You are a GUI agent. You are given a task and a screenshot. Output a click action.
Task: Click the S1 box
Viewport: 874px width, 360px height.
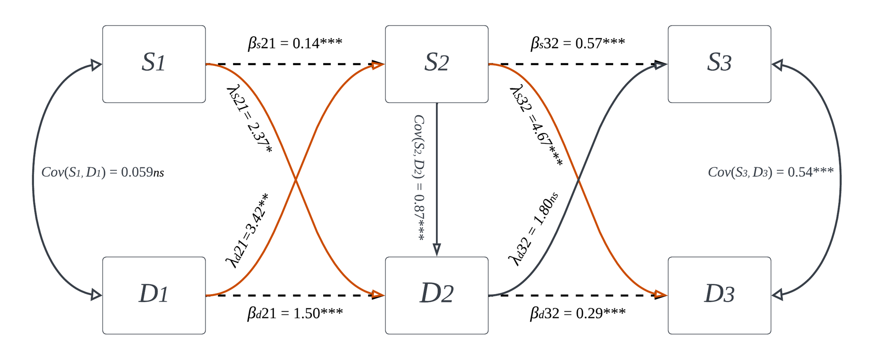pyautogui.click(x=154, y=64)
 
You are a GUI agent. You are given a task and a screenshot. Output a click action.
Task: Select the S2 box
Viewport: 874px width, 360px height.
pyautogui.click(x=437, y=64)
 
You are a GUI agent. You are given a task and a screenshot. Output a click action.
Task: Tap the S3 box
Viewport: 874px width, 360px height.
pyautogui.click(x=719, y=64)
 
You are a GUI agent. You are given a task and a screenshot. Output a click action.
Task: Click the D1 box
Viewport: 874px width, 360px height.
pyautogui.click(x=154, y=295)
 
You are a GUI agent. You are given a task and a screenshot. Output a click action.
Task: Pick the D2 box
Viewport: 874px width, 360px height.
pyautogui.click(x=437, y=295)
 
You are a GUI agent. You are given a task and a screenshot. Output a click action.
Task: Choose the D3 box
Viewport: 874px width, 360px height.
pyautogui.click(x=719, y=295)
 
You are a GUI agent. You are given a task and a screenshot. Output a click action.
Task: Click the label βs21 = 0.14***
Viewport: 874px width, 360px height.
pyautogui.click(x=295, y=43)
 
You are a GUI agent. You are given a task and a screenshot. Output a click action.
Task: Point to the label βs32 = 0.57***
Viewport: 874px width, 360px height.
pyautogui.click(x=578, y=43)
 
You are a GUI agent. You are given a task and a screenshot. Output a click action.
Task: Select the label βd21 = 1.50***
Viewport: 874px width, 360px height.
pyautogui.click(x=295, y=313)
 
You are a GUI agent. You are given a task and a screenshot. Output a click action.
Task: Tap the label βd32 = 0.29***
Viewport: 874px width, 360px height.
pyautogui.click(x=578, y=313)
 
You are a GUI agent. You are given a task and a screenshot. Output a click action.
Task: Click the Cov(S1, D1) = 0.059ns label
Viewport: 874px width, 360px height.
pyautogui.click(x=103, y=173)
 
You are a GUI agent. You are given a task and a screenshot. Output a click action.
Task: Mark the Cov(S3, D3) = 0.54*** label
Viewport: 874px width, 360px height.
pyautogui.click(x=770, y=173)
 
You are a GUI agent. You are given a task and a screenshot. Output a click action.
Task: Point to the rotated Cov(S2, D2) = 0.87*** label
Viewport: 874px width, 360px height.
pyautogui.click(x=419, y=178)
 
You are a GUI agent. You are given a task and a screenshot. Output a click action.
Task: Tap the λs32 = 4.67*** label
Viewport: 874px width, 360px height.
pyautogui.click(x=536, y=126)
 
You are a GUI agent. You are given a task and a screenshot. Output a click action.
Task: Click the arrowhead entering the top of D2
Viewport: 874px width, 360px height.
pyautogui.click(x=437, y=250)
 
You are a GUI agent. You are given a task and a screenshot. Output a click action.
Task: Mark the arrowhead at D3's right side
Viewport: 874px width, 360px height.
pyautogui.click(x=778, y=295)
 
